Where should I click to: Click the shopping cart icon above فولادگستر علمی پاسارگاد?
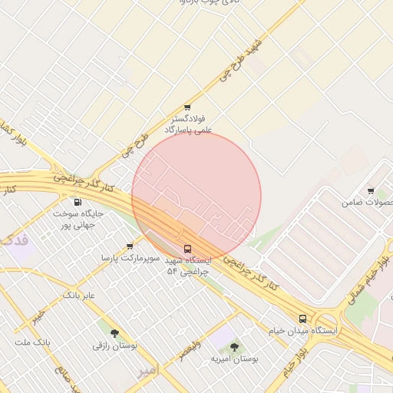coord(187,107)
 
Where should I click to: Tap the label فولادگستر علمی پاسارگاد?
coord(187,125)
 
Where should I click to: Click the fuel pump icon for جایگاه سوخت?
coord(78,203)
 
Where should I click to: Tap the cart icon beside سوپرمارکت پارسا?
coord(130,246)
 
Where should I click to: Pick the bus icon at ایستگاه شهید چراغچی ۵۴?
coord(188,249)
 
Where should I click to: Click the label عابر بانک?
coord(78,295)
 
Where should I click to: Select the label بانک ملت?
coord(33,340)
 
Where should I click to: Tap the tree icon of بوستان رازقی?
coord(115,333)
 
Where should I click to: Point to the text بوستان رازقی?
coord(115,346)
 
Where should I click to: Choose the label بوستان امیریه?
coord(235,358)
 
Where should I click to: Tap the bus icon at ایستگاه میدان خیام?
coord(302,318)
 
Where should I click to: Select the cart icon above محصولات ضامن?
coord(371,191)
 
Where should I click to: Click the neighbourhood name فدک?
coord(15,240)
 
